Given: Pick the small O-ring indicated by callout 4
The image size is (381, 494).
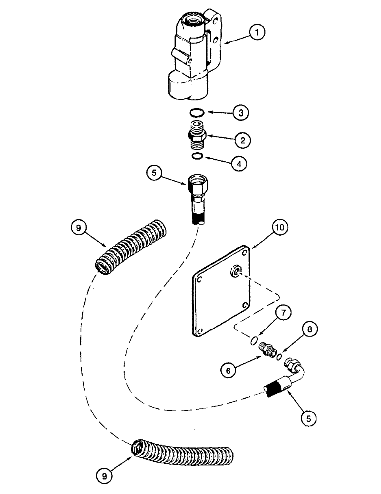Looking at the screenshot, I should [x=197, y=157].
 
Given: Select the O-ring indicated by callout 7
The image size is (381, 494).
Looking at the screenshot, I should [x=253, y=339].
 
